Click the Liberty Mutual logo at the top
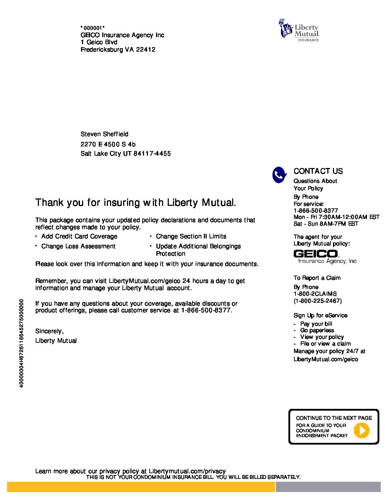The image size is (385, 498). [299, 30]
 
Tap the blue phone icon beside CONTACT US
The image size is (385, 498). [279, 175]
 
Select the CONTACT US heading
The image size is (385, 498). [318, 171]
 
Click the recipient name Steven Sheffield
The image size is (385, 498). [104, 134]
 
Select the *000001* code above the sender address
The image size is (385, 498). [92, 28]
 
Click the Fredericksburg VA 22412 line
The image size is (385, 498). [118, 50]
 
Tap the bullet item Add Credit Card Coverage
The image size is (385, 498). [79, 236]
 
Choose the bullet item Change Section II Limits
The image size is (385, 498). [191, 236]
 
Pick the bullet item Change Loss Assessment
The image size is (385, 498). [78, 246]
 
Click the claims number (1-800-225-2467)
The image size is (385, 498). [317, 301]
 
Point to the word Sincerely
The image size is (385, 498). [49, 331]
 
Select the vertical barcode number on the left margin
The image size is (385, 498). [22, 343]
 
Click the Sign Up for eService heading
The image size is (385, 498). [320, 315]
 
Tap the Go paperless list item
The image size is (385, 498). [317, 330]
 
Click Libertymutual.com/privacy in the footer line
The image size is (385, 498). [187, 471]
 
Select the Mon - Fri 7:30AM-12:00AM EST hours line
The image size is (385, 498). [336, 217]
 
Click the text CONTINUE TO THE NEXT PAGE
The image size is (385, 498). [334, 418]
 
